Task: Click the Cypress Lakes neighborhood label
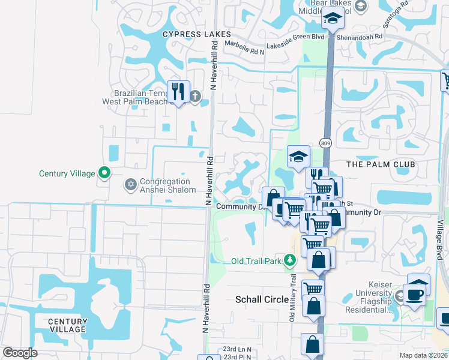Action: pyautogui.click(x=198, y=34)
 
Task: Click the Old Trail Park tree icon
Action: pyautogui.click(x=291, y=260)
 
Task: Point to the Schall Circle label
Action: pyautogui.click(x=262, y=299)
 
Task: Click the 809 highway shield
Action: pyautogui.click(x=325, y=143)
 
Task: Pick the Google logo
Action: pyautogui.click(x=20, y=353)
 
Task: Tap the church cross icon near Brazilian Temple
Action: pyautogui.click(x=195, y=95)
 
